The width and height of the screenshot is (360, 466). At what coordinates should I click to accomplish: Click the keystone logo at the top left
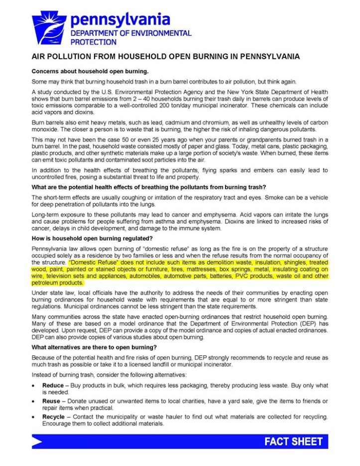(x=49, y=28)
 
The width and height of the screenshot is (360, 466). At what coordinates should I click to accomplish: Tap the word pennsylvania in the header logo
(x=120, y=19)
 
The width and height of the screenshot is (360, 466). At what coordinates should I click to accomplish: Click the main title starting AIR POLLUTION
(x=165, y=56)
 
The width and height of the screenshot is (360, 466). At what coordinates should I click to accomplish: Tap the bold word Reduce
(x=53, y=385)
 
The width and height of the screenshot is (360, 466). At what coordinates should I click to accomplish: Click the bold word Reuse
(x=51, y=401)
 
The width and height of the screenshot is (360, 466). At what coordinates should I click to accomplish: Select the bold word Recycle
(x=53, y=417)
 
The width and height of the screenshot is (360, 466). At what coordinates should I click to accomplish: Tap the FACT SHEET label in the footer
(x=293, y=442)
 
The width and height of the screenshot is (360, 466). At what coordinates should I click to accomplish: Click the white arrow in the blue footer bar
(x=38, y=442)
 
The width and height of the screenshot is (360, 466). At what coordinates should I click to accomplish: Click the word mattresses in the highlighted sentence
(x=182, y=269)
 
